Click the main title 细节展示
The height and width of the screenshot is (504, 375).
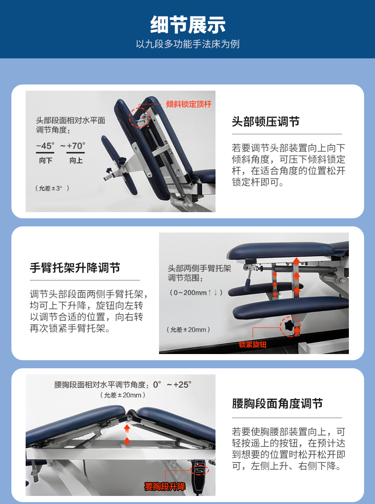tap(188, 25)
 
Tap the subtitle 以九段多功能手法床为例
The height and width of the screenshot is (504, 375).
tap(188, 44)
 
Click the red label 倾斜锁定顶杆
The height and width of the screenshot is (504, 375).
tap(189, 104)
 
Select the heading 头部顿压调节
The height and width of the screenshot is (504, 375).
tap(266, 122)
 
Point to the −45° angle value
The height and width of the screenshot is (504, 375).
tap(45, 146)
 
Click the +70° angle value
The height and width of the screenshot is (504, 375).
tap(76, 146)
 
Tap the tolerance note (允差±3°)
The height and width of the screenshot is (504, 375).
tap(52, 188)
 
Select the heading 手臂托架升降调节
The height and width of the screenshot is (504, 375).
tap(75, 268)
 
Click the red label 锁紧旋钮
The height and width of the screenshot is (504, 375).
tap(253, 345)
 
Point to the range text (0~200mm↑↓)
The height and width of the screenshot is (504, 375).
tap(196, 293)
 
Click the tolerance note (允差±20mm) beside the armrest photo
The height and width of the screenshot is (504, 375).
tap(188, 329)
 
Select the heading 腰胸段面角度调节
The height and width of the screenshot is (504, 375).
tap(277, 404)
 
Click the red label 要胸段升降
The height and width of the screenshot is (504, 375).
tap(165, 486)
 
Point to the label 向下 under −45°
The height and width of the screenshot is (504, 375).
tap(46, 160)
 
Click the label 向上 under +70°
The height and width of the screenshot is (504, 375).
tap(76, 160)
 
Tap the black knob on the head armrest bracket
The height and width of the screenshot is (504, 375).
tap(122, 160)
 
